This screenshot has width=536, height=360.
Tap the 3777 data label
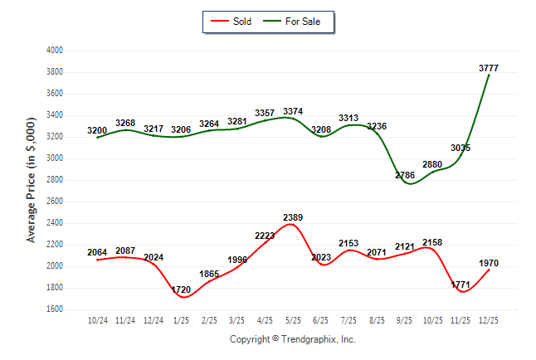(489, 68)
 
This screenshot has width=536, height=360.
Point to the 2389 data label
(293, 217)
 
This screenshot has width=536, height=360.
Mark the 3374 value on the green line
(293, 111)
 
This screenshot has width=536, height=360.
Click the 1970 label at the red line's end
(489, 263)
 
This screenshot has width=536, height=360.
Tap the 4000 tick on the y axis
(54, 51)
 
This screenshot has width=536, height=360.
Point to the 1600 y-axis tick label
(54, 309)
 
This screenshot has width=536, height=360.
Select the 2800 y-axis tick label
(54, 180)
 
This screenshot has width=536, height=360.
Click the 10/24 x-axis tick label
(98, 320)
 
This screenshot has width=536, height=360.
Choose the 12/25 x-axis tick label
(488, 320)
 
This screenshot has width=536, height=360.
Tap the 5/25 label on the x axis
(293, 320)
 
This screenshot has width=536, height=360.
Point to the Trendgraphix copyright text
(292, 340)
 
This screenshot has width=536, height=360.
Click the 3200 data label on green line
(98, 131)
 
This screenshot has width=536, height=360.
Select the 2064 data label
(98, 252)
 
